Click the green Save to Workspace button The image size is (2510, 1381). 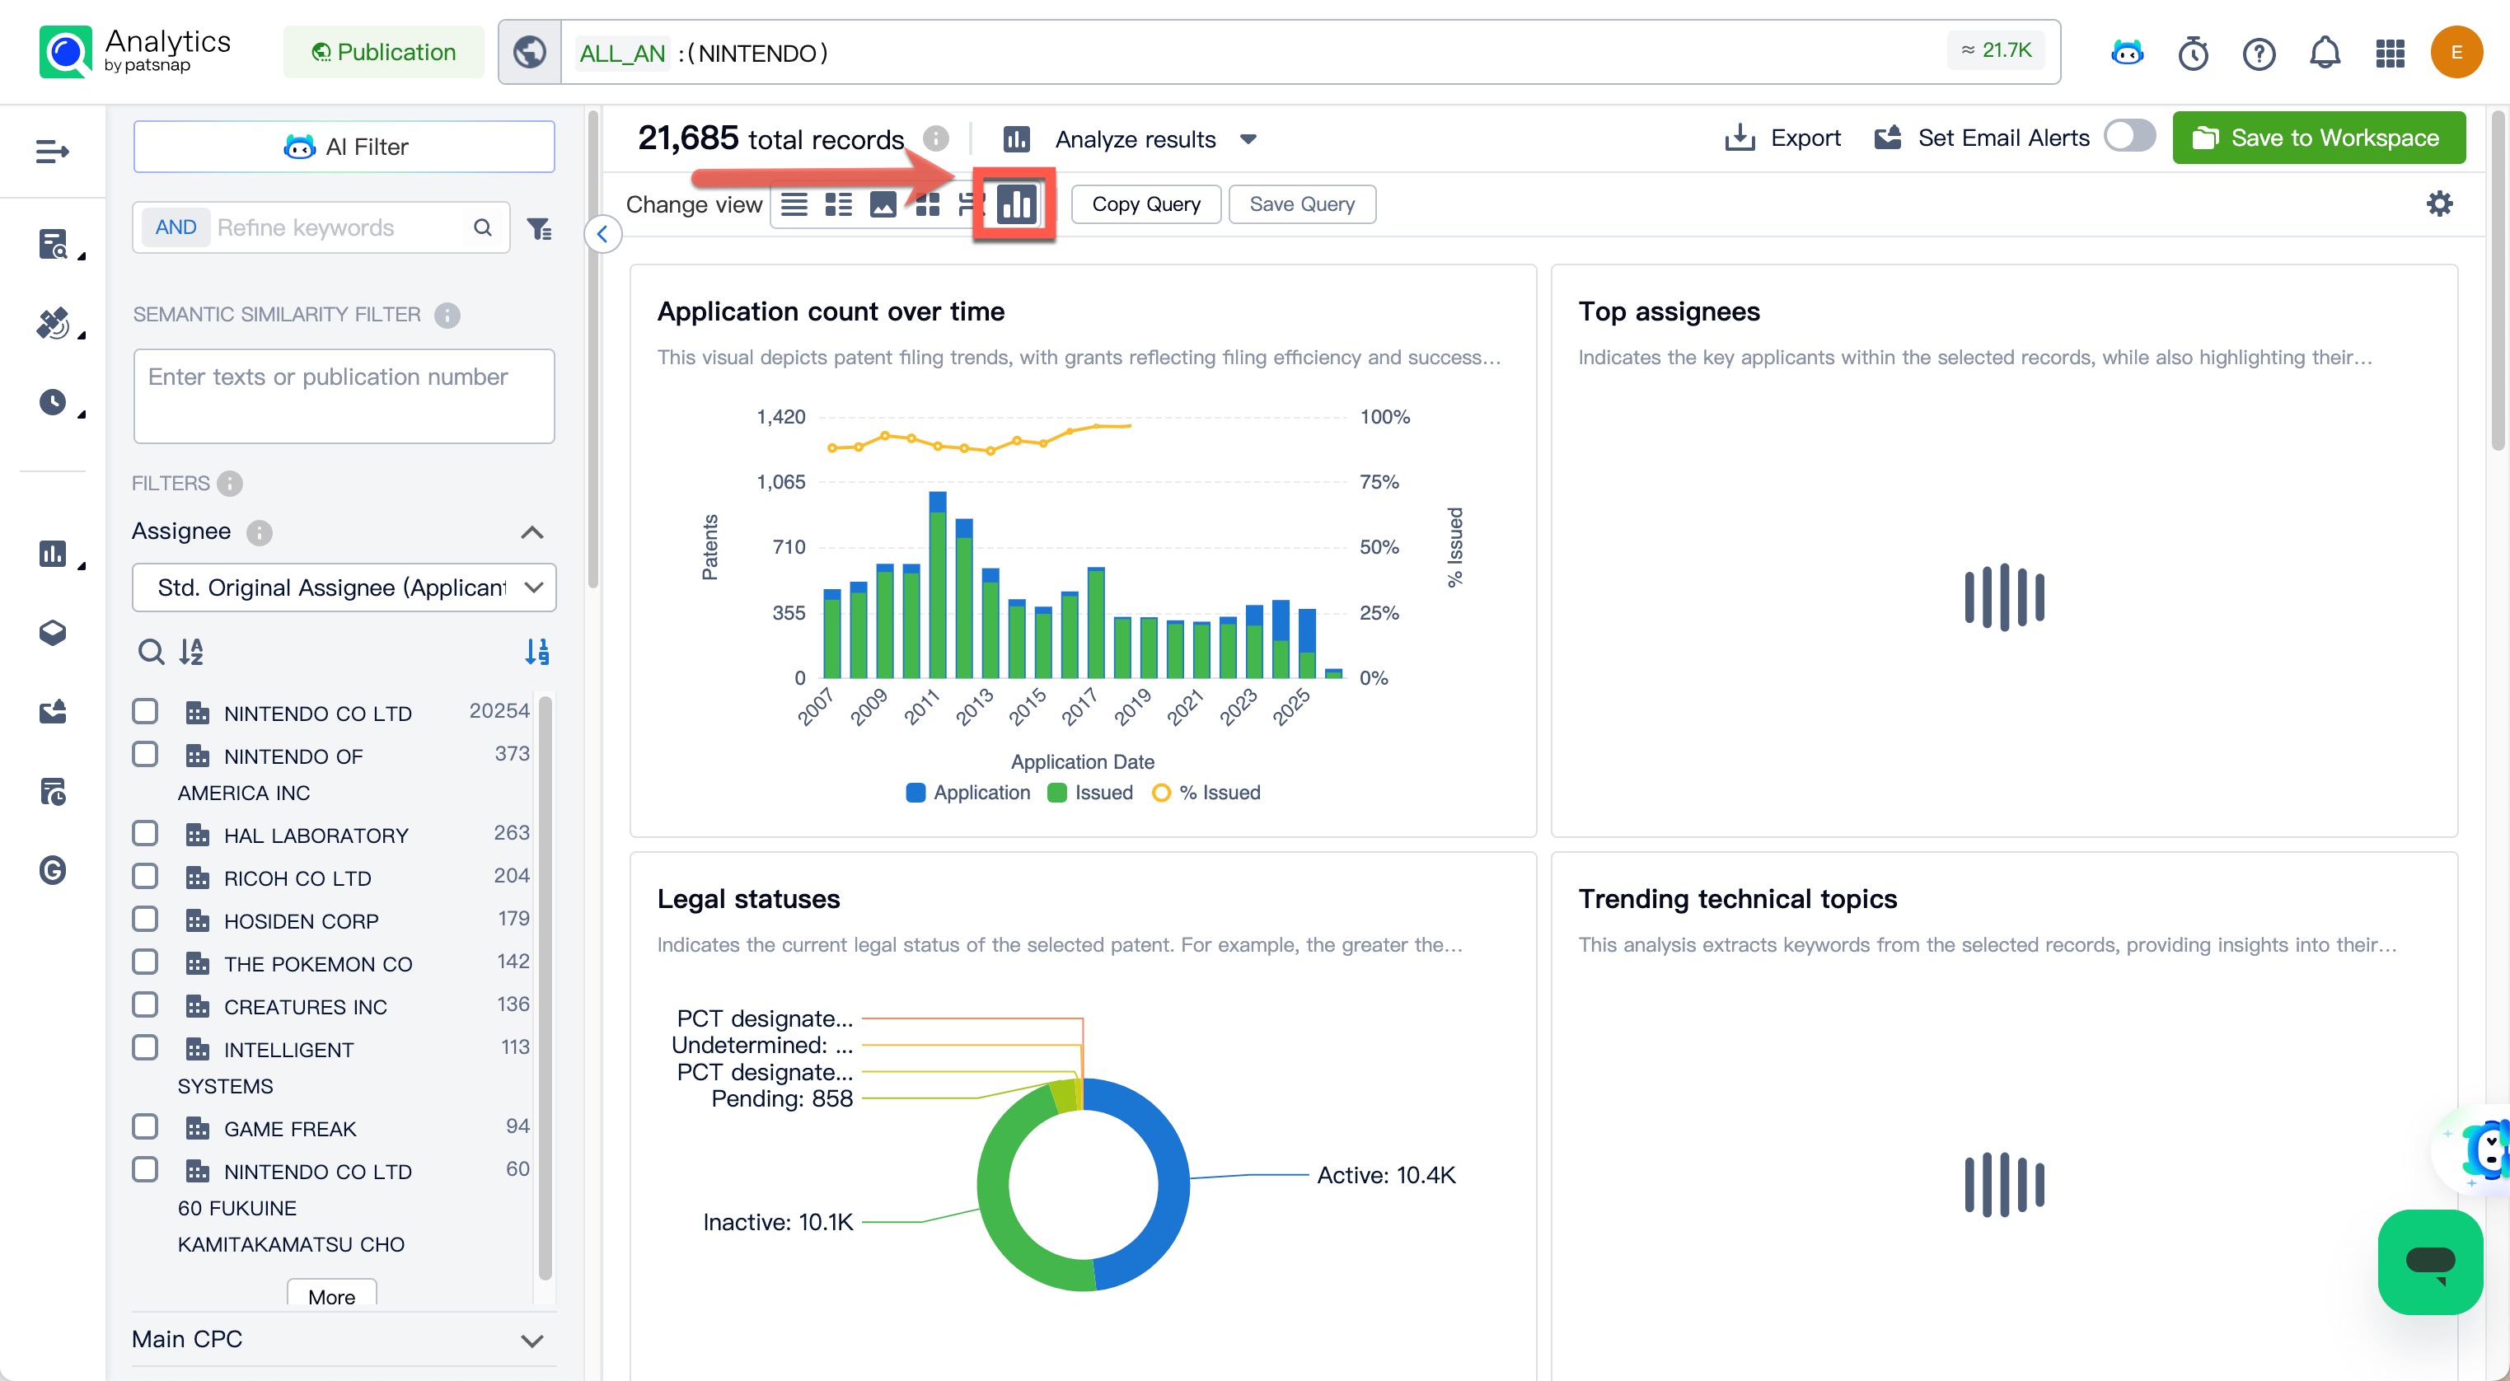(x=2318, y=138)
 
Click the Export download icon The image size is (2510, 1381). (x=1740, y=138)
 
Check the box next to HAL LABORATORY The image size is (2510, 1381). (x=145, y=833)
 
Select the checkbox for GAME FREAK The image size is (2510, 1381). (x=145, y=1126)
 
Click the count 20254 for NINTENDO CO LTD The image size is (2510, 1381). (x=499, y=710)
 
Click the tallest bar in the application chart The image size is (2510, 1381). (x=938, y=585)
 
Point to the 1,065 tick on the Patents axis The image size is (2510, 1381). (x=780, y=481)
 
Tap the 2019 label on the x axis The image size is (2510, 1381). (x=1131, y=707)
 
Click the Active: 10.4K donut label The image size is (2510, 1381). (x=1385, y=1174)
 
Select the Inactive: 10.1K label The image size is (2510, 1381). (x=778, y=1221)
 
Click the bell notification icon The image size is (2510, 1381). (x=2324, y=52)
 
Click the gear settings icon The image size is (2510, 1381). (x=2439, y=204)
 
